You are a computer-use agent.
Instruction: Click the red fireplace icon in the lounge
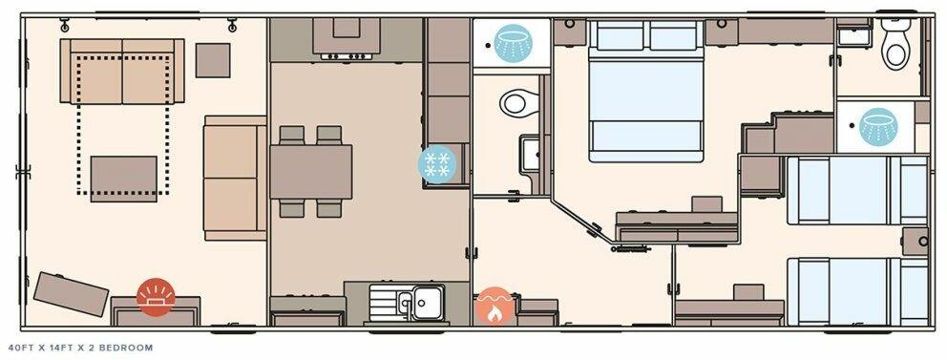coord(156,296)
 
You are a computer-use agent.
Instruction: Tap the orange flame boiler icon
coord(494,307)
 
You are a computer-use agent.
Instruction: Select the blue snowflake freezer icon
coord(438,163)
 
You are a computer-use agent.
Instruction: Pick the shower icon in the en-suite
coord(878,126)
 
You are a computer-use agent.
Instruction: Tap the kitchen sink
coord(419,303)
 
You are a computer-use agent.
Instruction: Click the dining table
coord(311,172)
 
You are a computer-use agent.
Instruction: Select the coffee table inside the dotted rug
coord(124,179)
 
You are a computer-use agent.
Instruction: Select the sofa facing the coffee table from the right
coord(235,179)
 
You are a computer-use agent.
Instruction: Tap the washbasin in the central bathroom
coord(531,153)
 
